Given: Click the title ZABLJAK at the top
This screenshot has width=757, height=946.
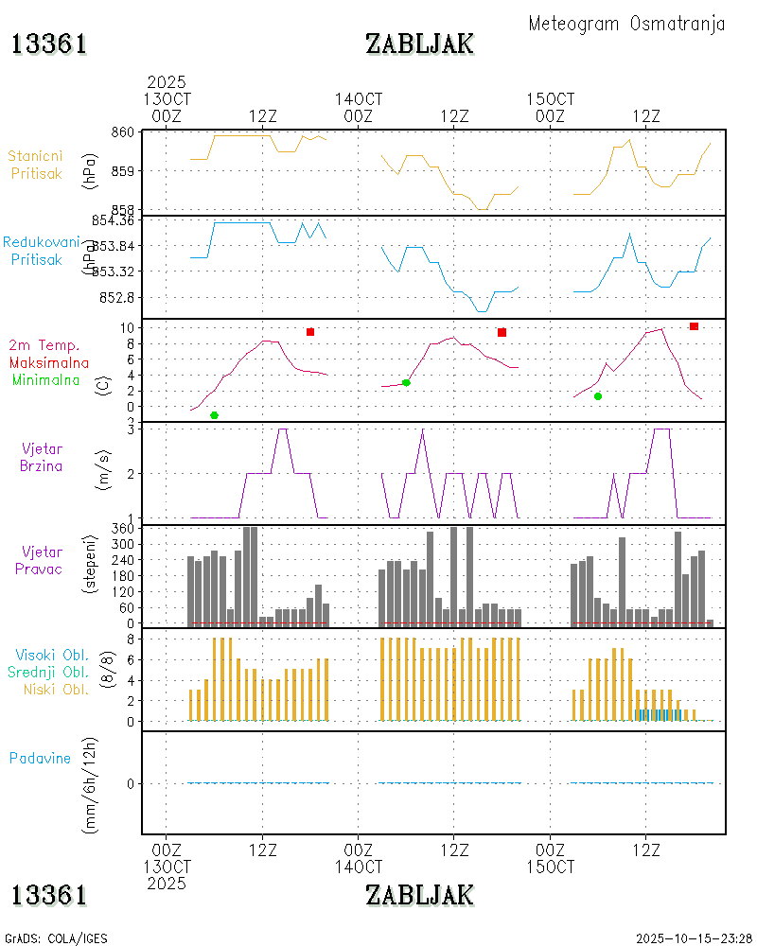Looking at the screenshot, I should tap(419, 44).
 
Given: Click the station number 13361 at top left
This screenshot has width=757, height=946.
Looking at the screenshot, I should tap(49, 44).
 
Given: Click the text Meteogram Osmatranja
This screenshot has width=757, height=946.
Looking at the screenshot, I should tap(626, 24).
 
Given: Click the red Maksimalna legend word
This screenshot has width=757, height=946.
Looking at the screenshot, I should tap(49, 362).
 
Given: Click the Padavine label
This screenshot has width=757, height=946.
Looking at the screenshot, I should tap(40, 758).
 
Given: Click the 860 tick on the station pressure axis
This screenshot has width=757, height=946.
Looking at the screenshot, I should tap(121, 132).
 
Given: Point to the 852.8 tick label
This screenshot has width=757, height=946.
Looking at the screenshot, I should tap(116, 297).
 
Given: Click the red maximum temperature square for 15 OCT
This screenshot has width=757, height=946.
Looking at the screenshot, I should tap(694, 326).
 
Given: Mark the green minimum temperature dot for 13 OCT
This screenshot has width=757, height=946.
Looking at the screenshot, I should tap(214, 415).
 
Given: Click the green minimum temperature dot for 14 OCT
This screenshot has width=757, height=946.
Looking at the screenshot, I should tap(406, 382).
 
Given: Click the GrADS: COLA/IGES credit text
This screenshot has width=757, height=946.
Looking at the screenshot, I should tap(56, 938).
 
